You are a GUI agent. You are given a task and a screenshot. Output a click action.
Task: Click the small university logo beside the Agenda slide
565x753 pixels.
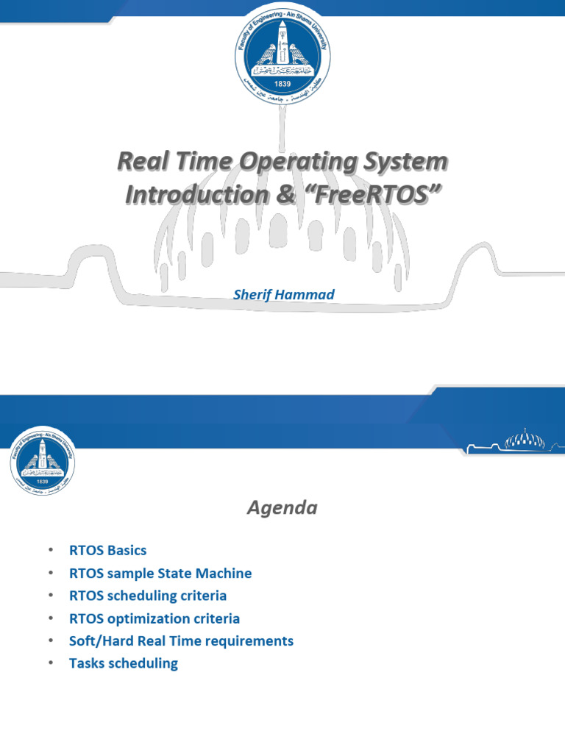pos(43,460)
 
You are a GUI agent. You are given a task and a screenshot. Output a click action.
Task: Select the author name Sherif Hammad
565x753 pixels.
pos(283,294)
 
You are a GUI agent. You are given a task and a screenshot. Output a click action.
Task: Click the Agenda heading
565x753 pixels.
pos(282,507)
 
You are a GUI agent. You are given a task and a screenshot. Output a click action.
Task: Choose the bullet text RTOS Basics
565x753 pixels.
pos(107,550)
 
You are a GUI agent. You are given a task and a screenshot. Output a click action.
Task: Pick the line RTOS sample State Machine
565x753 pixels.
pos(160,573)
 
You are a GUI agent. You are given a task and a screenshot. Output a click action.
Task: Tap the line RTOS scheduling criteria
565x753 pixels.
pos(148,595)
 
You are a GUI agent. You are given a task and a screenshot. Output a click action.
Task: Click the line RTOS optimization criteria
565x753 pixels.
pos(154,618)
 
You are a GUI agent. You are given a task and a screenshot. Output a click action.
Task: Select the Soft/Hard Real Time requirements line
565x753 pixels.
pos(181,640)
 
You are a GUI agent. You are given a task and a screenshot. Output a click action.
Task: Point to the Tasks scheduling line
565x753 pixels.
pos(124,663)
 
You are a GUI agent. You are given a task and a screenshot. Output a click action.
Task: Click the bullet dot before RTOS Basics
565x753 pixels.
pos(51,550)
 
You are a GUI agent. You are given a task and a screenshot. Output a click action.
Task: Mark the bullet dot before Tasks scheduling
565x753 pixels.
pos(51,663)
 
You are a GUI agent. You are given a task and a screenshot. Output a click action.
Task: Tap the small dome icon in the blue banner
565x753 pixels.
pos(524,440)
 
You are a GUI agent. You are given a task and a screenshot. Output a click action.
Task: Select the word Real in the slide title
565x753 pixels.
pos(140,162)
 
